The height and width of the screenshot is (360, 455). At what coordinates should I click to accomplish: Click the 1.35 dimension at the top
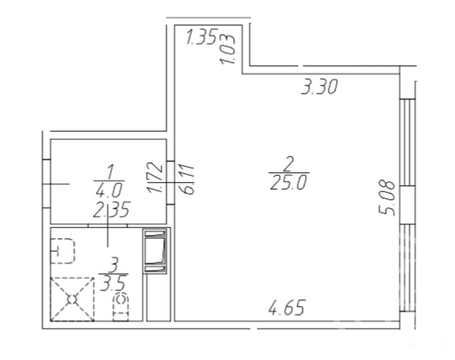click(202, 37)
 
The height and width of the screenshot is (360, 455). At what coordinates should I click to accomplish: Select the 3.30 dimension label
click(319, 87)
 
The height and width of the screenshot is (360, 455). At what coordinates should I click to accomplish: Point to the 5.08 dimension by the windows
click(387, 198)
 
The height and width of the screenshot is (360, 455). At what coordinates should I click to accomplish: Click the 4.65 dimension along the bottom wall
click(287, 308)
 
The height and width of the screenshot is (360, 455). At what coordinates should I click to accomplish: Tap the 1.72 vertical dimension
click(155, 177)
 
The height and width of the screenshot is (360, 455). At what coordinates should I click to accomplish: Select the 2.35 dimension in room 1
click(111, 209)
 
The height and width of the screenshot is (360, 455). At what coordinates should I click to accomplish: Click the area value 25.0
click(288, 183)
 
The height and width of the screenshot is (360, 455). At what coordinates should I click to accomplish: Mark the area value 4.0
click(109, 190)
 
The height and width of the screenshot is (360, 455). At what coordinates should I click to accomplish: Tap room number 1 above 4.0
click(110, 172)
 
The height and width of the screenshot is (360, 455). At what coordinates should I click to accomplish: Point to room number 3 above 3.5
click(114, 265)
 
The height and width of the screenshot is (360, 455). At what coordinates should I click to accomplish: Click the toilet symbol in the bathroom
click(121, 307)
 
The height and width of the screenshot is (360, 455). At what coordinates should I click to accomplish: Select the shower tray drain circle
click(72, 300)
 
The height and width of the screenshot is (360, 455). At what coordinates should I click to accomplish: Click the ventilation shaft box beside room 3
click(155, 251)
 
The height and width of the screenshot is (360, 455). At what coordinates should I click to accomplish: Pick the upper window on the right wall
click(407, 142)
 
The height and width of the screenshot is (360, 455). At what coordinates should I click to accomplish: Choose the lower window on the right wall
click(407, 268)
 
